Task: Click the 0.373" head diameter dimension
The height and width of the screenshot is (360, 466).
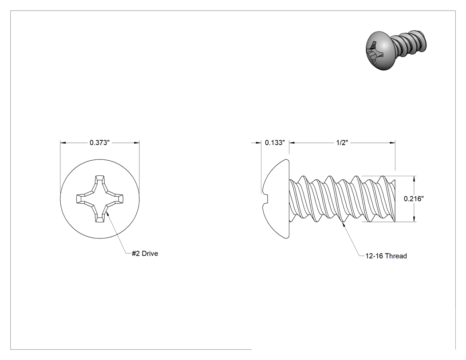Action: (x=99, y=142)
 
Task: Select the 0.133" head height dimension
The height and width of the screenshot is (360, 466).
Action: (x=275, y=142)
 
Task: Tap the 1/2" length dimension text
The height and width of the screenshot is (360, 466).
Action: (x=342, y=142)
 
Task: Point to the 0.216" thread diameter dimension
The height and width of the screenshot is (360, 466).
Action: (x=414, y=198)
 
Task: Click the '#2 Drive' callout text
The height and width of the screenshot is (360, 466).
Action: (x=145, y=253)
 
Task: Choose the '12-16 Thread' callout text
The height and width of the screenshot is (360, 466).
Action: (x=386, y=256)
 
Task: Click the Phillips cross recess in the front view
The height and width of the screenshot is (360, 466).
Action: (x=100, y=198)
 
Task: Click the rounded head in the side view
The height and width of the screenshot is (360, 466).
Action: (x=276, y=198)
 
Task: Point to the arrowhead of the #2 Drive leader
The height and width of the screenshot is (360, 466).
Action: (x=107, y=213)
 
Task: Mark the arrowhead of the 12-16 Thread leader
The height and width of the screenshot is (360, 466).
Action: (x=344, y=224)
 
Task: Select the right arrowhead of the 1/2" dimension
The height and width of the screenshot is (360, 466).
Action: (x=392, y=142)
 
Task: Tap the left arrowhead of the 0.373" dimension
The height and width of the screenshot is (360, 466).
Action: (x=63, y=142)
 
